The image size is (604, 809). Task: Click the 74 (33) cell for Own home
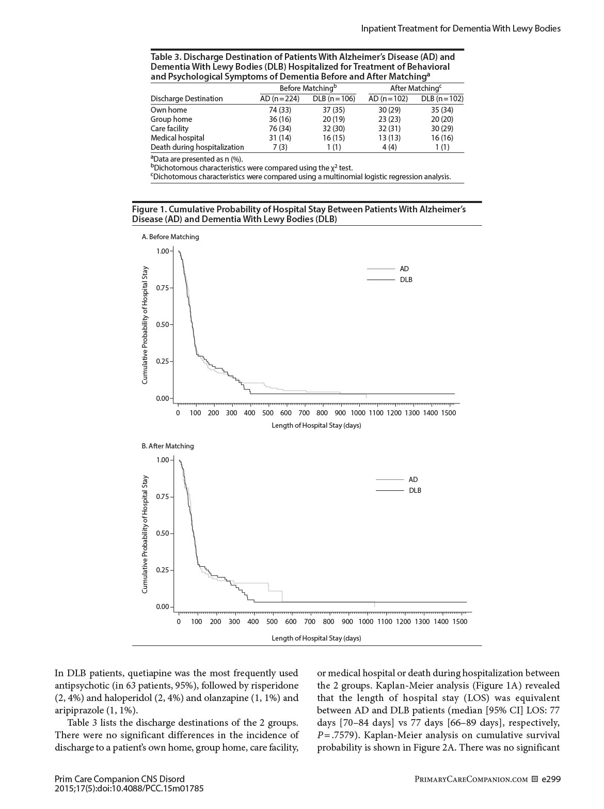tap(280, 110)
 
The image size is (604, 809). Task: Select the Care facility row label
tap(169, 129)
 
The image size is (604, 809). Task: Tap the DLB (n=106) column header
tap(334, 99)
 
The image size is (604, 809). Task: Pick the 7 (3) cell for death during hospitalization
tap(280, 147)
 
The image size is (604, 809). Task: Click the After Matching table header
tap(416, 88)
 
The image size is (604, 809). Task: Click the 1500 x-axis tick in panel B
tap(459, 621)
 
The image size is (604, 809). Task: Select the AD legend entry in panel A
tap(404, 269)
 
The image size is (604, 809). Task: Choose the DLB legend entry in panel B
tap(415, 490)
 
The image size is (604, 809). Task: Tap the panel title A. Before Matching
tap(170, 237)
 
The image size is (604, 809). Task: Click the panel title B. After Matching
tap(168, 446)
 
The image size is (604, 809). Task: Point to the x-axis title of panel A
tap(316, 426)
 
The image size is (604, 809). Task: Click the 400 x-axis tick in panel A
tap(249, 413)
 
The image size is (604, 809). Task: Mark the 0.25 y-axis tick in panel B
tap(163, 570)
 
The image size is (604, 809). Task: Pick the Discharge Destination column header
tap(186, 99)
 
